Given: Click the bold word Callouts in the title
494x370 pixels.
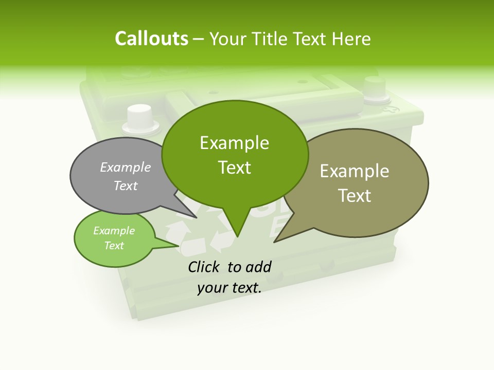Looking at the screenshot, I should pos(151,39).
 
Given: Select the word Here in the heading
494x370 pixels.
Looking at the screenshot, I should pos(351,39).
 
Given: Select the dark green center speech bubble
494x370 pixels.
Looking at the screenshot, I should pos(235,154).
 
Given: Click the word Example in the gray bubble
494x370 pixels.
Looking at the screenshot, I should pos(126,167).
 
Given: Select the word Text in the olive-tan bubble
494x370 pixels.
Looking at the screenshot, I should pos(355,196).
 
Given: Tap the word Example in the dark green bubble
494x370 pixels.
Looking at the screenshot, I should pos(235,143).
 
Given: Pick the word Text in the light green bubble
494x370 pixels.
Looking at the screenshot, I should pos(114,246).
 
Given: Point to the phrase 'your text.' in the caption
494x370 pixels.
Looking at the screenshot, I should pos(230,288).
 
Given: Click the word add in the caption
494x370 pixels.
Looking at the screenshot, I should pos(259,267).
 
